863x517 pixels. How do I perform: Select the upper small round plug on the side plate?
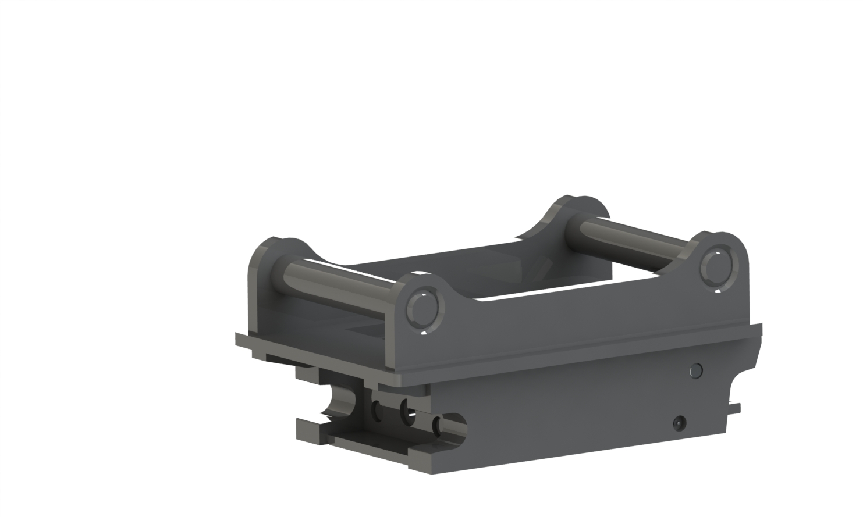[x=695, y=370]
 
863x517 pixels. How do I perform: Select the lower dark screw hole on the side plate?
[x=679, y=423]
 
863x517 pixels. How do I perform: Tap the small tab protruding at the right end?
[x=734, y=408]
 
